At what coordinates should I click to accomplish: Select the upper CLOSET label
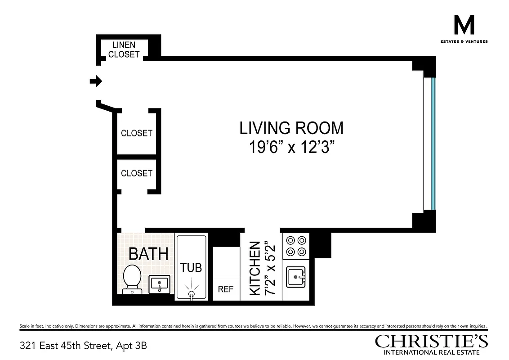pos(136,133)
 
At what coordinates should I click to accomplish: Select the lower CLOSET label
pos(136,173)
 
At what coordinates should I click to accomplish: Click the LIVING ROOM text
pos(291,128)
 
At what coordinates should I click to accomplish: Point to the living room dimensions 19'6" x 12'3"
pos(291,147)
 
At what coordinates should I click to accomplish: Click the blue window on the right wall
pos(433,144)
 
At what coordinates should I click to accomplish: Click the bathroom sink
pos(159,283)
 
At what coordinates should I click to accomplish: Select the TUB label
pos(191,268)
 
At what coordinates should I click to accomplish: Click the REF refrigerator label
pos(226,289)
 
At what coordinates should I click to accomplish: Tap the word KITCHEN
pos(255,268)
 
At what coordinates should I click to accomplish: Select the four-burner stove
pos(296,246)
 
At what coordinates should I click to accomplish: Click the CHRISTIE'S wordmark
pos(431,341)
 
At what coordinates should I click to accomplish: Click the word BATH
pos(148,254)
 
